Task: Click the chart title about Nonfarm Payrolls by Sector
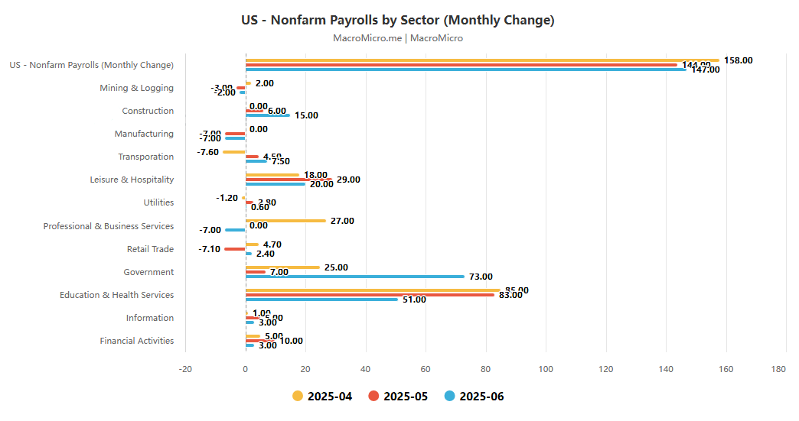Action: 398,20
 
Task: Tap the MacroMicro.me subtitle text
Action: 398,38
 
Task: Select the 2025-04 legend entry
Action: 322,396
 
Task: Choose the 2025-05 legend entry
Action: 398,396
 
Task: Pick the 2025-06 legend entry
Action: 475,396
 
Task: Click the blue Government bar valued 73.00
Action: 355,277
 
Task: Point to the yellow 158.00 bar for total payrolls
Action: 482,60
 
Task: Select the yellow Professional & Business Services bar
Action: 285,221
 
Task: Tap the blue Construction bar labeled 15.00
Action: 268,115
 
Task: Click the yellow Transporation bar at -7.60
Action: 234,152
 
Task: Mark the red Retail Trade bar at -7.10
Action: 235,249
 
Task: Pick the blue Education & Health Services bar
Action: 321,300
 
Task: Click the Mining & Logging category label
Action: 136,88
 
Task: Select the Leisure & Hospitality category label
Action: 132,180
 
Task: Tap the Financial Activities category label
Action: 136,341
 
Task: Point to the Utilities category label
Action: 158,202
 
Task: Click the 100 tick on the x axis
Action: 546,370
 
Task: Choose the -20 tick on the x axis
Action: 185,370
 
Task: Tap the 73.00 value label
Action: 481,277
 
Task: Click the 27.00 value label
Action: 342,221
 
